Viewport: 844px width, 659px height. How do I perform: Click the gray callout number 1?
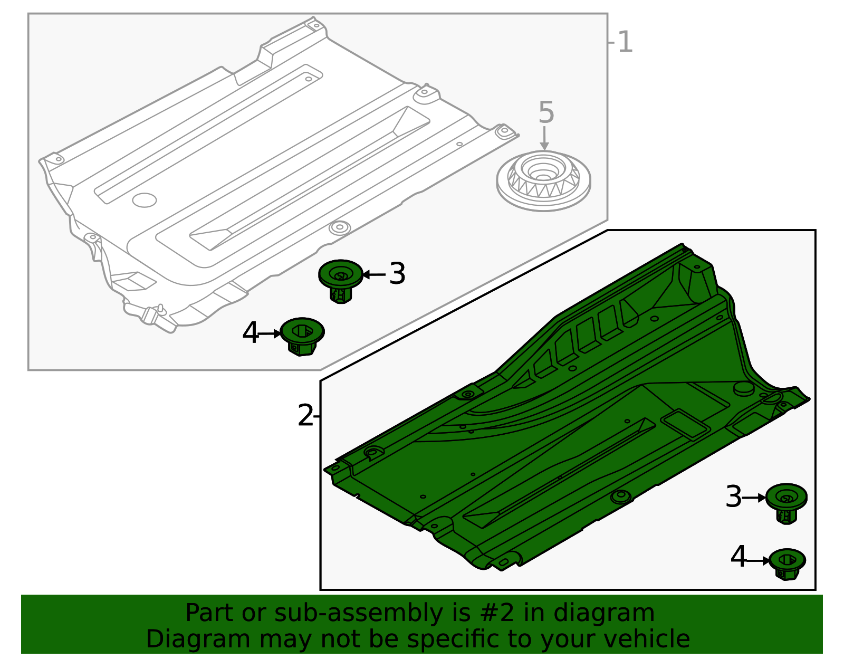click(x=625, y=42)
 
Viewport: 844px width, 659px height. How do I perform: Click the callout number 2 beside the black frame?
click(x=305, y=416)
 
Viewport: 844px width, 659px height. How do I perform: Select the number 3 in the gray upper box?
click(x=397, y=274)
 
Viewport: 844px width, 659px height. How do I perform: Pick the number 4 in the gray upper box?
click(x=251, y=333)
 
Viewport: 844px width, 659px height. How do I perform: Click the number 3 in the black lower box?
click(x=733, y=497)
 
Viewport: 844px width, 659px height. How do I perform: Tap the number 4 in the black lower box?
click(x=738, y=558)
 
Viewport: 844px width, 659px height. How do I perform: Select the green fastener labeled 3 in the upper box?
click(x=341, y=280)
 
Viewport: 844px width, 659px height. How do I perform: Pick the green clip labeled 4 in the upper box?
click(x=302, y=336)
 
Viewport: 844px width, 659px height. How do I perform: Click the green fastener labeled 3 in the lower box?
click(x=786, y=502)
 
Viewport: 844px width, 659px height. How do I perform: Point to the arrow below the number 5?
click(x=544, y=139)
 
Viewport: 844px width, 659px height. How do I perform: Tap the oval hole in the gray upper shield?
click(x=144, y=199)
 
